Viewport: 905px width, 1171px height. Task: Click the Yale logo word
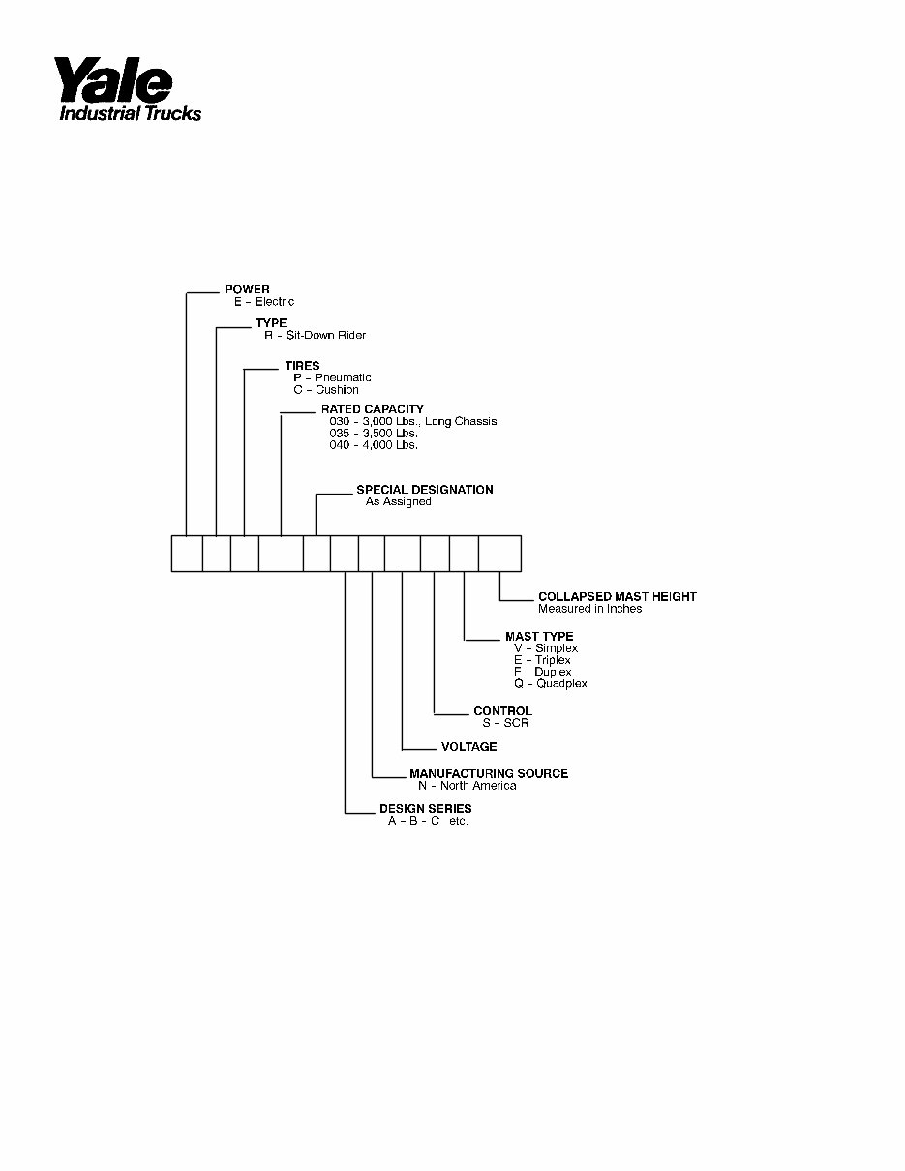[x=112, y=80]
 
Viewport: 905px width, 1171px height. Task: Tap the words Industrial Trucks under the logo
[x=130, y=113]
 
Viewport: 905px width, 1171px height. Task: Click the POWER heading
[x=247, y=289]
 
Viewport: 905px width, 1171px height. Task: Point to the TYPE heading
[x=271, y=323]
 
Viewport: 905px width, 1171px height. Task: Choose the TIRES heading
[x=302, y=366]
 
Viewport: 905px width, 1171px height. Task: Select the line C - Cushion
[x=326, y=390]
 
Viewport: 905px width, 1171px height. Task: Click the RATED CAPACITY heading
[x=373, y=409]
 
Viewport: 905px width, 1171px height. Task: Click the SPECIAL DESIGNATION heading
[x=425, y=490]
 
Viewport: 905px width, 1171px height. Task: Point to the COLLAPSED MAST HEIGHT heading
[x=617, y=597]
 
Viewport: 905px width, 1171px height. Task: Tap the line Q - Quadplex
[x=550, y=684]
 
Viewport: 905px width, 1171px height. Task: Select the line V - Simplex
[x=546, y=648]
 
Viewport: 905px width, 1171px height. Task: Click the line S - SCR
[x=505, y=724]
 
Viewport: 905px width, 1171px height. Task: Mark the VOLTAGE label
[x=469, y=747]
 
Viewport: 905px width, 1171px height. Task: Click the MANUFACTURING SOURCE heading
[x=489, y=773]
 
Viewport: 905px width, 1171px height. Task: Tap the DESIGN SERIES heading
[x=426, y=809]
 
